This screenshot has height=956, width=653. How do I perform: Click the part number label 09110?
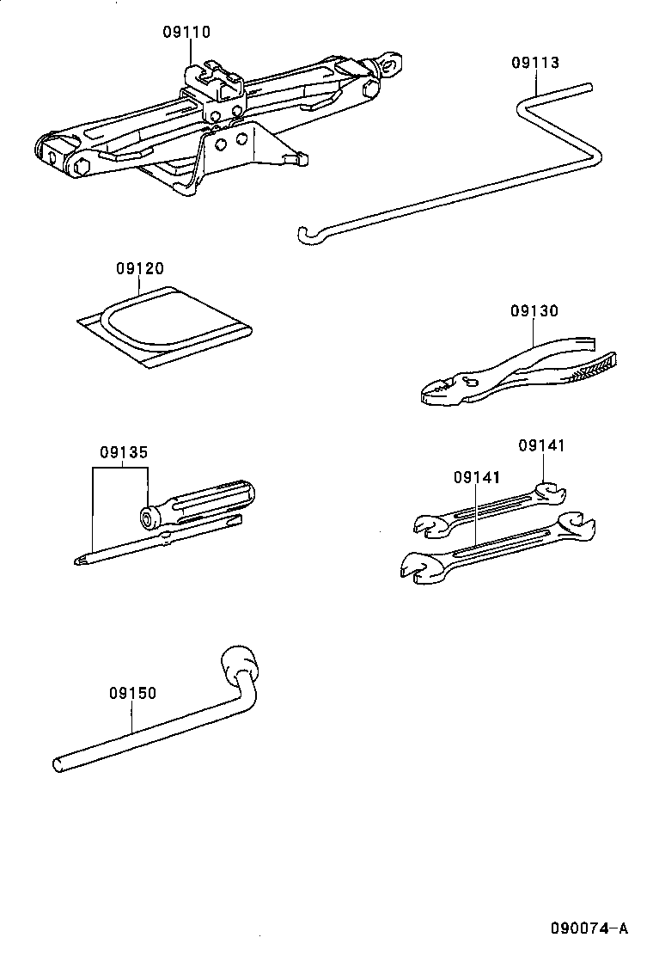tap(186, 33)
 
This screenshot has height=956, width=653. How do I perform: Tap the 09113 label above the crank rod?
tap(534, 63)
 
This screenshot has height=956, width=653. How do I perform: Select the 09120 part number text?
tap(139, 268)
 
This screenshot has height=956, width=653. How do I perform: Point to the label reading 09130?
tap(534, 311)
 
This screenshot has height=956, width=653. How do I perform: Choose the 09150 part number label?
tap(132, 693)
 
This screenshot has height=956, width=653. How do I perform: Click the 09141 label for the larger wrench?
tap(477, 476)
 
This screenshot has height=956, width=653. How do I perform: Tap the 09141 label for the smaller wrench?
tap(542, 445)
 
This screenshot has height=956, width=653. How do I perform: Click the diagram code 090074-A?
tap(589, 928)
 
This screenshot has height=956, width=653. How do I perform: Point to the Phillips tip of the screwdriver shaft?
tap(82, 561)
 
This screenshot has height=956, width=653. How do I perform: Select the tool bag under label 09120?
tap(163, 326)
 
